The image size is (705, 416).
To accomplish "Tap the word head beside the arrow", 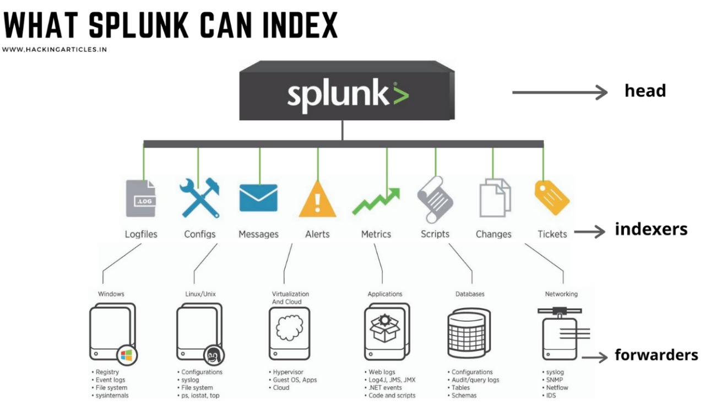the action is [645, 90].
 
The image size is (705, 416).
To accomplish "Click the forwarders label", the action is [656, 355].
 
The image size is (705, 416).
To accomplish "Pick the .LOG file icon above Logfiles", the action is [141, 198].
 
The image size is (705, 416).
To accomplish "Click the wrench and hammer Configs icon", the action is [199, 198].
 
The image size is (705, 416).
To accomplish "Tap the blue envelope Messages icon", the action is [258, 198].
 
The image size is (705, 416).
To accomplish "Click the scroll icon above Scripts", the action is [435, 198].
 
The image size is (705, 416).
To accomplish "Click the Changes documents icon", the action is [494, 198].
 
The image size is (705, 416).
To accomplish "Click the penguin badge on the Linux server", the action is [211, 355].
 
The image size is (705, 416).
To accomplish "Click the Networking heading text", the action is [561, 294].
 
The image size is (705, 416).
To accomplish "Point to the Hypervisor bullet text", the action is [290, 372].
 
